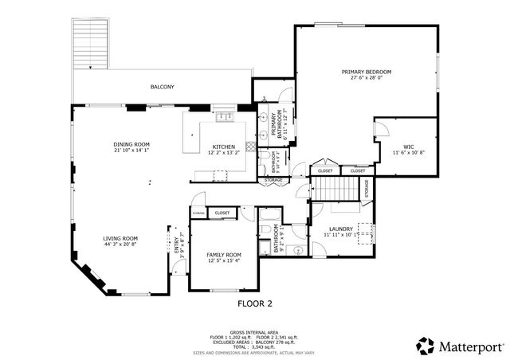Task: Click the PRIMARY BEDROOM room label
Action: click(367, 72)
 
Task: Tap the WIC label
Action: click(408, 146)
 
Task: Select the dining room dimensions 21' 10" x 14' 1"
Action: click(131, 150)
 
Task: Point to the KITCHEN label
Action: click(223, 147)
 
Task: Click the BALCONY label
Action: click(162, 86)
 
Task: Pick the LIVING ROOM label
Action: click(120, 238)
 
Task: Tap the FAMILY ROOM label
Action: click(223, 255)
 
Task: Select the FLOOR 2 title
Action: click(255, 303)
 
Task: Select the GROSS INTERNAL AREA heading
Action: click(254, 331)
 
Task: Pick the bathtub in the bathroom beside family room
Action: click(267, 215)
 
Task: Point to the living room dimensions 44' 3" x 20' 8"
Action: click(120, 244)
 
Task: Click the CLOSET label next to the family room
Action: click(222, 213)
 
